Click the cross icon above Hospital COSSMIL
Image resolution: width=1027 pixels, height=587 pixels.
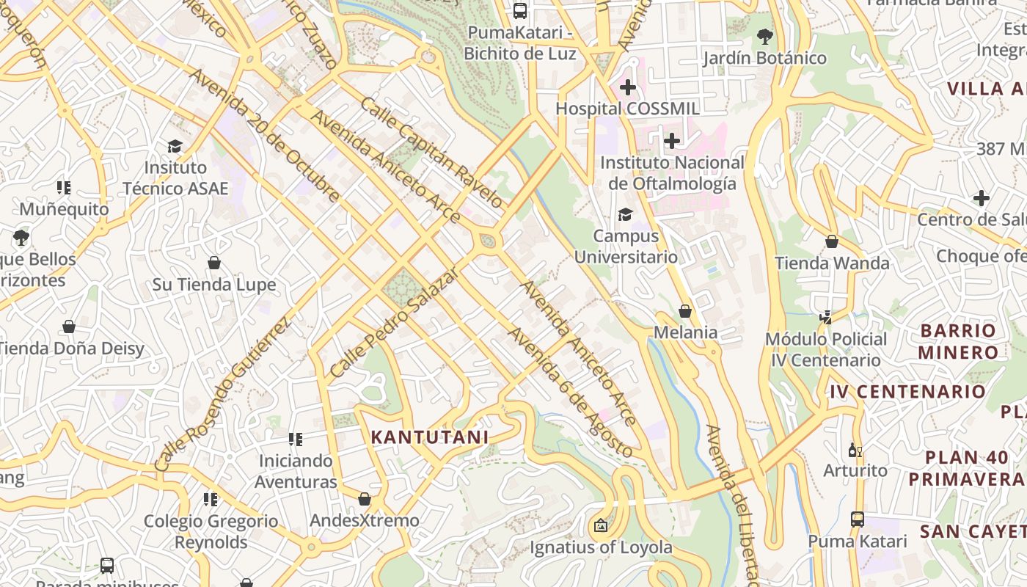[x=627, y=88]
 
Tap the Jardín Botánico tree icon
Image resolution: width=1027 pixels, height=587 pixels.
[x=764, y=36]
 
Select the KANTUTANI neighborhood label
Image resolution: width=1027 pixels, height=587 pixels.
[x=429, y=437]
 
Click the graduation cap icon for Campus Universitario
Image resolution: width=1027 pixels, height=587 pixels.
[x=625, y=214]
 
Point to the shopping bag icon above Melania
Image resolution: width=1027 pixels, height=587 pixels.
[x=685, y=311]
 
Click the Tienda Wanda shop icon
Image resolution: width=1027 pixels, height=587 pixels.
[x=832, y=241]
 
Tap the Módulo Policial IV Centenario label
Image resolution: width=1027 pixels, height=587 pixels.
[x=826, y=349]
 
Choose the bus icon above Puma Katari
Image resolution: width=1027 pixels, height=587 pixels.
[x=857, y=519]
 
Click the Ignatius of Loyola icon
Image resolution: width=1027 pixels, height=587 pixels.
[x=601, y=525]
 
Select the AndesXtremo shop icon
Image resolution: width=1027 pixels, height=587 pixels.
[x=365, y=499]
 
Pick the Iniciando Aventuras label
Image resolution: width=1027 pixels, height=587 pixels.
[x=296, y=471]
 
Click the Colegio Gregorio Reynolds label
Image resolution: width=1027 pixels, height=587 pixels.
[x=211, y=531]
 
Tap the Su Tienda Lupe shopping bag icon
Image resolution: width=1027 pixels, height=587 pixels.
[x=214, y=263]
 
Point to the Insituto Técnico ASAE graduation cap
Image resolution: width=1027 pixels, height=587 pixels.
[x=175, y=146]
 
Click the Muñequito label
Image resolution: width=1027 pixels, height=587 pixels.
[x=64, y=209]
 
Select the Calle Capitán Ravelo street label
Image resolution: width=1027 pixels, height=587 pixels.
[x=432, y=153]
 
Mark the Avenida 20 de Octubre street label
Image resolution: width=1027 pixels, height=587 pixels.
[x=265, y=135]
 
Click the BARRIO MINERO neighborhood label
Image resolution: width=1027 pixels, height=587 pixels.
[x=958, y=341]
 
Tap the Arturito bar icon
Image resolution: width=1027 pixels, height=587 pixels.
[x=855, y=450]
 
